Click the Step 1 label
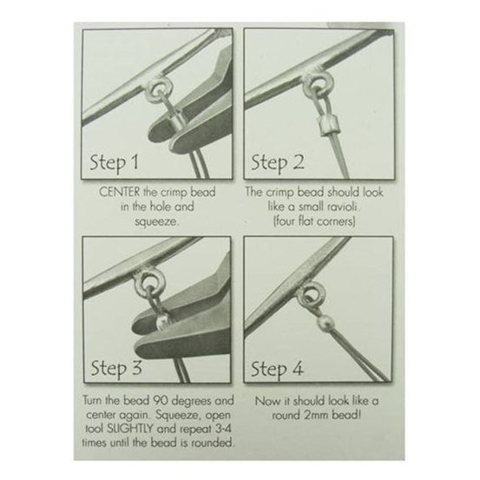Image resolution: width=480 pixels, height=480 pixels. click(114, 162)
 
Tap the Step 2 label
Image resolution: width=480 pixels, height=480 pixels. click(278, 162)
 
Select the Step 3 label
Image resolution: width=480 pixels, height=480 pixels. click(116, 369)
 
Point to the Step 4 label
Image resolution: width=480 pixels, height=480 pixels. click(278, 369)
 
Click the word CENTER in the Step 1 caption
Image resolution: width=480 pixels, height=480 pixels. click(120, 192)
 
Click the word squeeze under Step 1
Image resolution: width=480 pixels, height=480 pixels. click(156, 221)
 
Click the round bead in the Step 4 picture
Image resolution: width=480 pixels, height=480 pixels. click(324, 324)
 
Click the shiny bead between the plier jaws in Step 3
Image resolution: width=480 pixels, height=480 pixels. click(163, 322)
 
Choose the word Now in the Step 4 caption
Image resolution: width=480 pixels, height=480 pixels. click(266, 401)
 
